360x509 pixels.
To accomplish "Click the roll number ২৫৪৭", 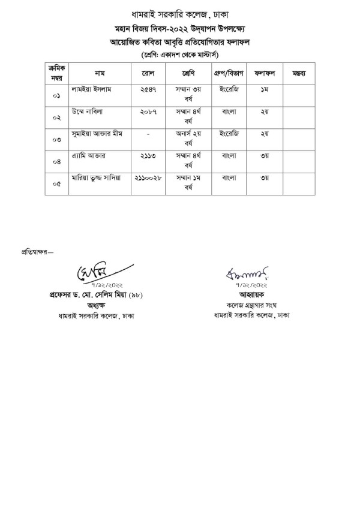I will (x=148, y=89).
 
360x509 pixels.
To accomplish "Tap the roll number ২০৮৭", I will (x=148, y=112).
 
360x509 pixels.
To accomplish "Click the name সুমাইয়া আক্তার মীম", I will (x=97, y=133).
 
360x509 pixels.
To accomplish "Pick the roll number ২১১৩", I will (x=148, y=155).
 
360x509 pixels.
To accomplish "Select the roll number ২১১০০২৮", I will (x=148, y=177).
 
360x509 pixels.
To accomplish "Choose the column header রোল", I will (x=148, y=73).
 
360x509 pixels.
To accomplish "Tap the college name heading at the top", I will (x=180, y=13).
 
